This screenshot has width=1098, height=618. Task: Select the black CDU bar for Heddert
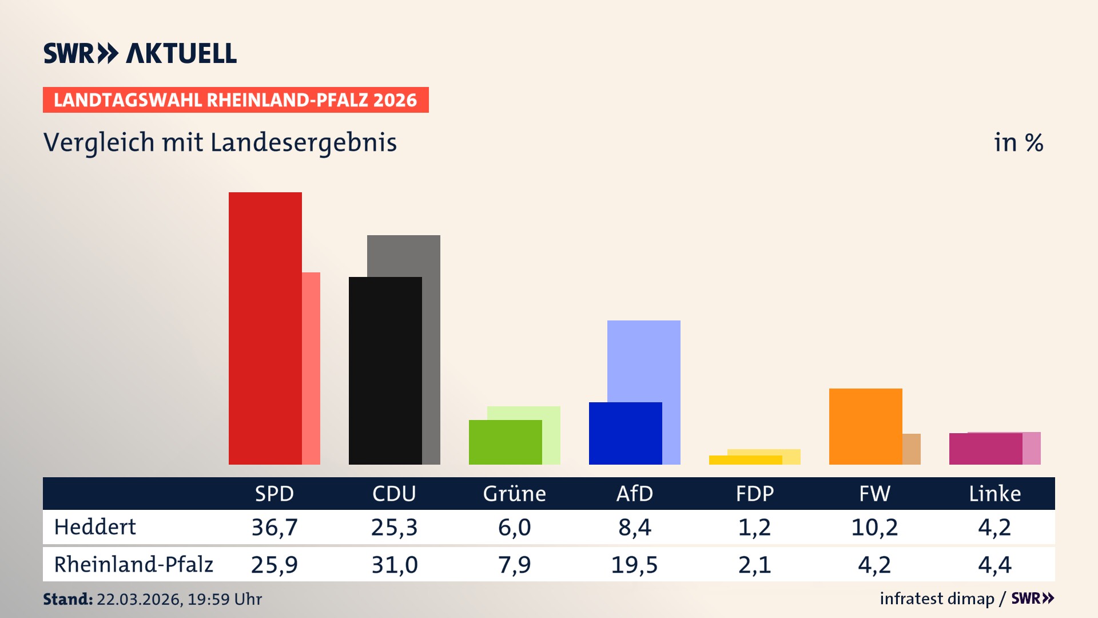(385, 370)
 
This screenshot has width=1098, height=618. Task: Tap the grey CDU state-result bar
(431, 255)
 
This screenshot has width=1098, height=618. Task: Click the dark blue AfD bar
(625, 433)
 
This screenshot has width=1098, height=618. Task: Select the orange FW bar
(865, 426)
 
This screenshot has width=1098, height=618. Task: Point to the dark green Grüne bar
(505, 442)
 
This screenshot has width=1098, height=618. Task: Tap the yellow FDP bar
(745, 460)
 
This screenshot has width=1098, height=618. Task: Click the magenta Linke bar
(985, 449)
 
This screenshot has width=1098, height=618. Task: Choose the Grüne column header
(514, 494)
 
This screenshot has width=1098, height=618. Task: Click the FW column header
(874, 494)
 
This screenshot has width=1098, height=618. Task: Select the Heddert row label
(95, 527)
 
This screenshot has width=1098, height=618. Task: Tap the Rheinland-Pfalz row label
(133, 565)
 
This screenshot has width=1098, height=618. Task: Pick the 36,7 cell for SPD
(274, 527)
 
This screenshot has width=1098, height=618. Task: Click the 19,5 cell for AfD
(634, 565)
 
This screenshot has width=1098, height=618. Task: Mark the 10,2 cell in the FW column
(874, 527)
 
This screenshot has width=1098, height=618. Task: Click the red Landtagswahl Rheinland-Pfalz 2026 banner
(236, 100)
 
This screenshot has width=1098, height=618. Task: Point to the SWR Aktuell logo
(140, 54)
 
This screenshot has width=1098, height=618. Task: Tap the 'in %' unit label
(1018, 143)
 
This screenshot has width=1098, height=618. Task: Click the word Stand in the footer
(67, 599)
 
